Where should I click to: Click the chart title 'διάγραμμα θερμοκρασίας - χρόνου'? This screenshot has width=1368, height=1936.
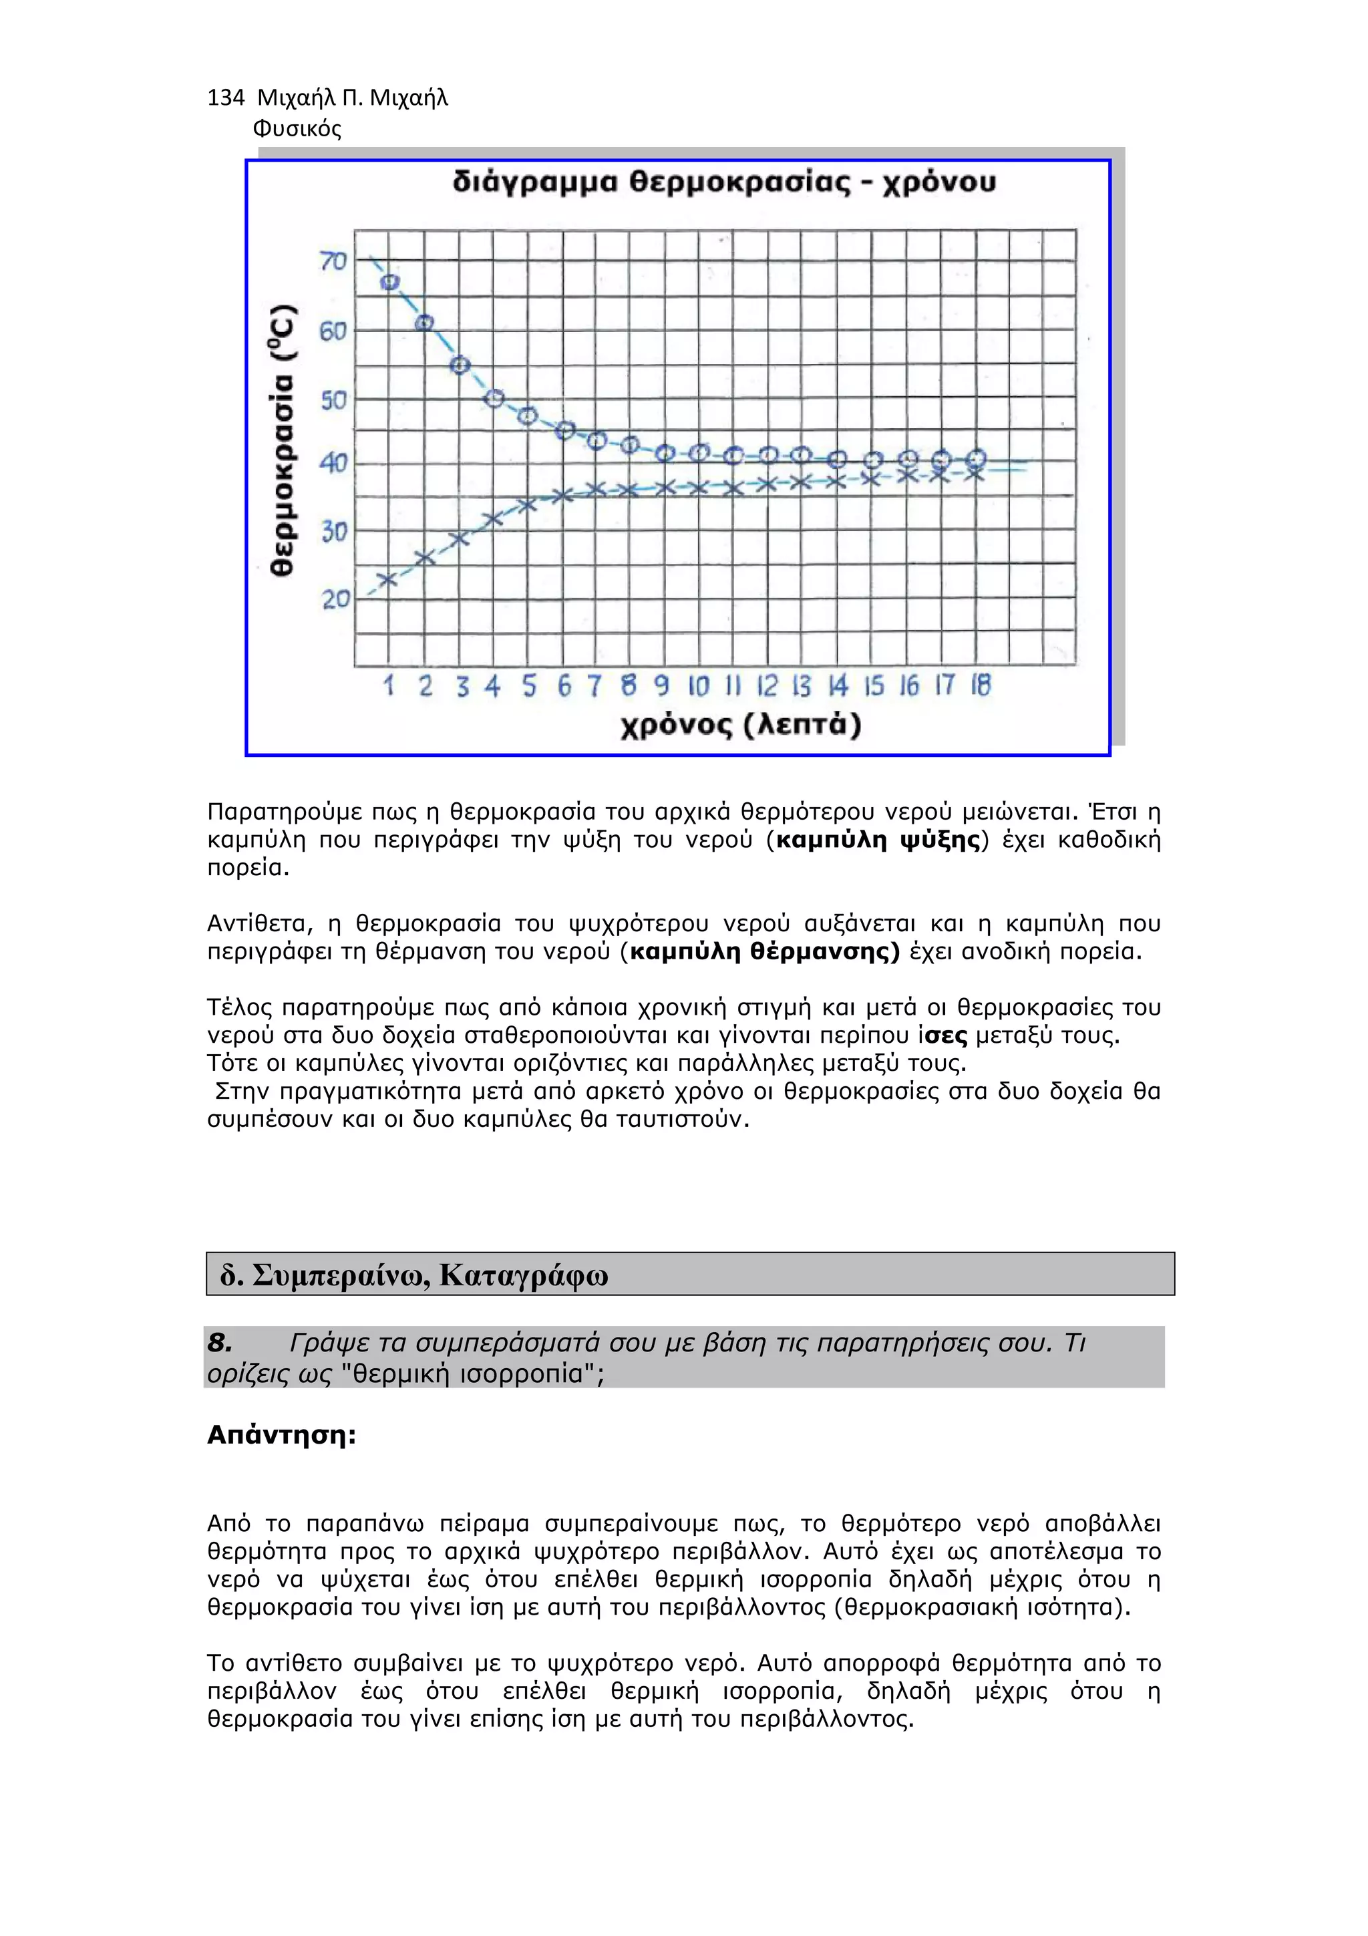point(723,183)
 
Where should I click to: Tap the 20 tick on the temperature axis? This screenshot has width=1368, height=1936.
point(335,599)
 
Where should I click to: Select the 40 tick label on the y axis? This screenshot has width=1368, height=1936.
point(334,463)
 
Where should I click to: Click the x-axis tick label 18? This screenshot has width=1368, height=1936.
point(981,685)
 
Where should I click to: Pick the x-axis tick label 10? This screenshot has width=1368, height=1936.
point(699,686)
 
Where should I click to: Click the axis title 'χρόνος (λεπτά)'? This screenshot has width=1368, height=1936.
point(741,725)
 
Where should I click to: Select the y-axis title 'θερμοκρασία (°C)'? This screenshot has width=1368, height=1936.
point(284,440)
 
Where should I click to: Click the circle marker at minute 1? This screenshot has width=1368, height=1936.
point(390,283)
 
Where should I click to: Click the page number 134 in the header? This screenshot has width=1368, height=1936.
point(225,99)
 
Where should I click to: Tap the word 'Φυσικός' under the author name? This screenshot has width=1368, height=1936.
point(297,129)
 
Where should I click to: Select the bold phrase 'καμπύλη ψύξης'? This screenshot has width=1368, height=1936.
point(878,840)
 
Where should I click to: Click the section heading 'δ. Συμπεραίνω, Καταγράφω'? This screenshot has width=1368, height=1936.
point(414,1275)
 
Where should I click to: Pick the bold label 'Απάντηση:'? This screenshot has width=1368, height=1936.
point(281,1435)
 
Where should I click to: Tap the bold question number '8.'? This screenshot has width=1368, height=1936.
point(220,1342)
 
